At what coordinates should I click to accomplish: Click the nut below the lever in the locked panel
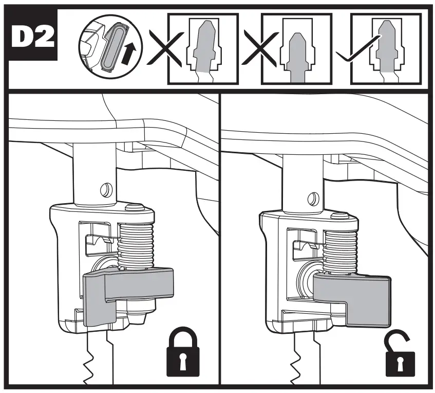(141, 309)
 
